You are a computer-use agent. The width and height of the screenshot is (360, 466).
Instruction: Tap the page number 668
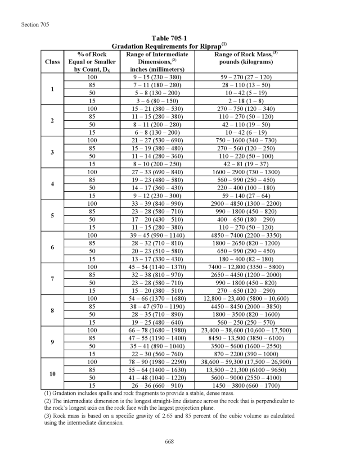point(169,442)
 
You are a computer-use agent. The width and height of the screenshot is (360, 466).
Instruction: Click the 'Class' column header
point(52,62)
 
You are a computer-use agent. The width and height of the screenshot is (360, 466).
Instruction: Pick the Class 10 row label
point(52,374)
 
